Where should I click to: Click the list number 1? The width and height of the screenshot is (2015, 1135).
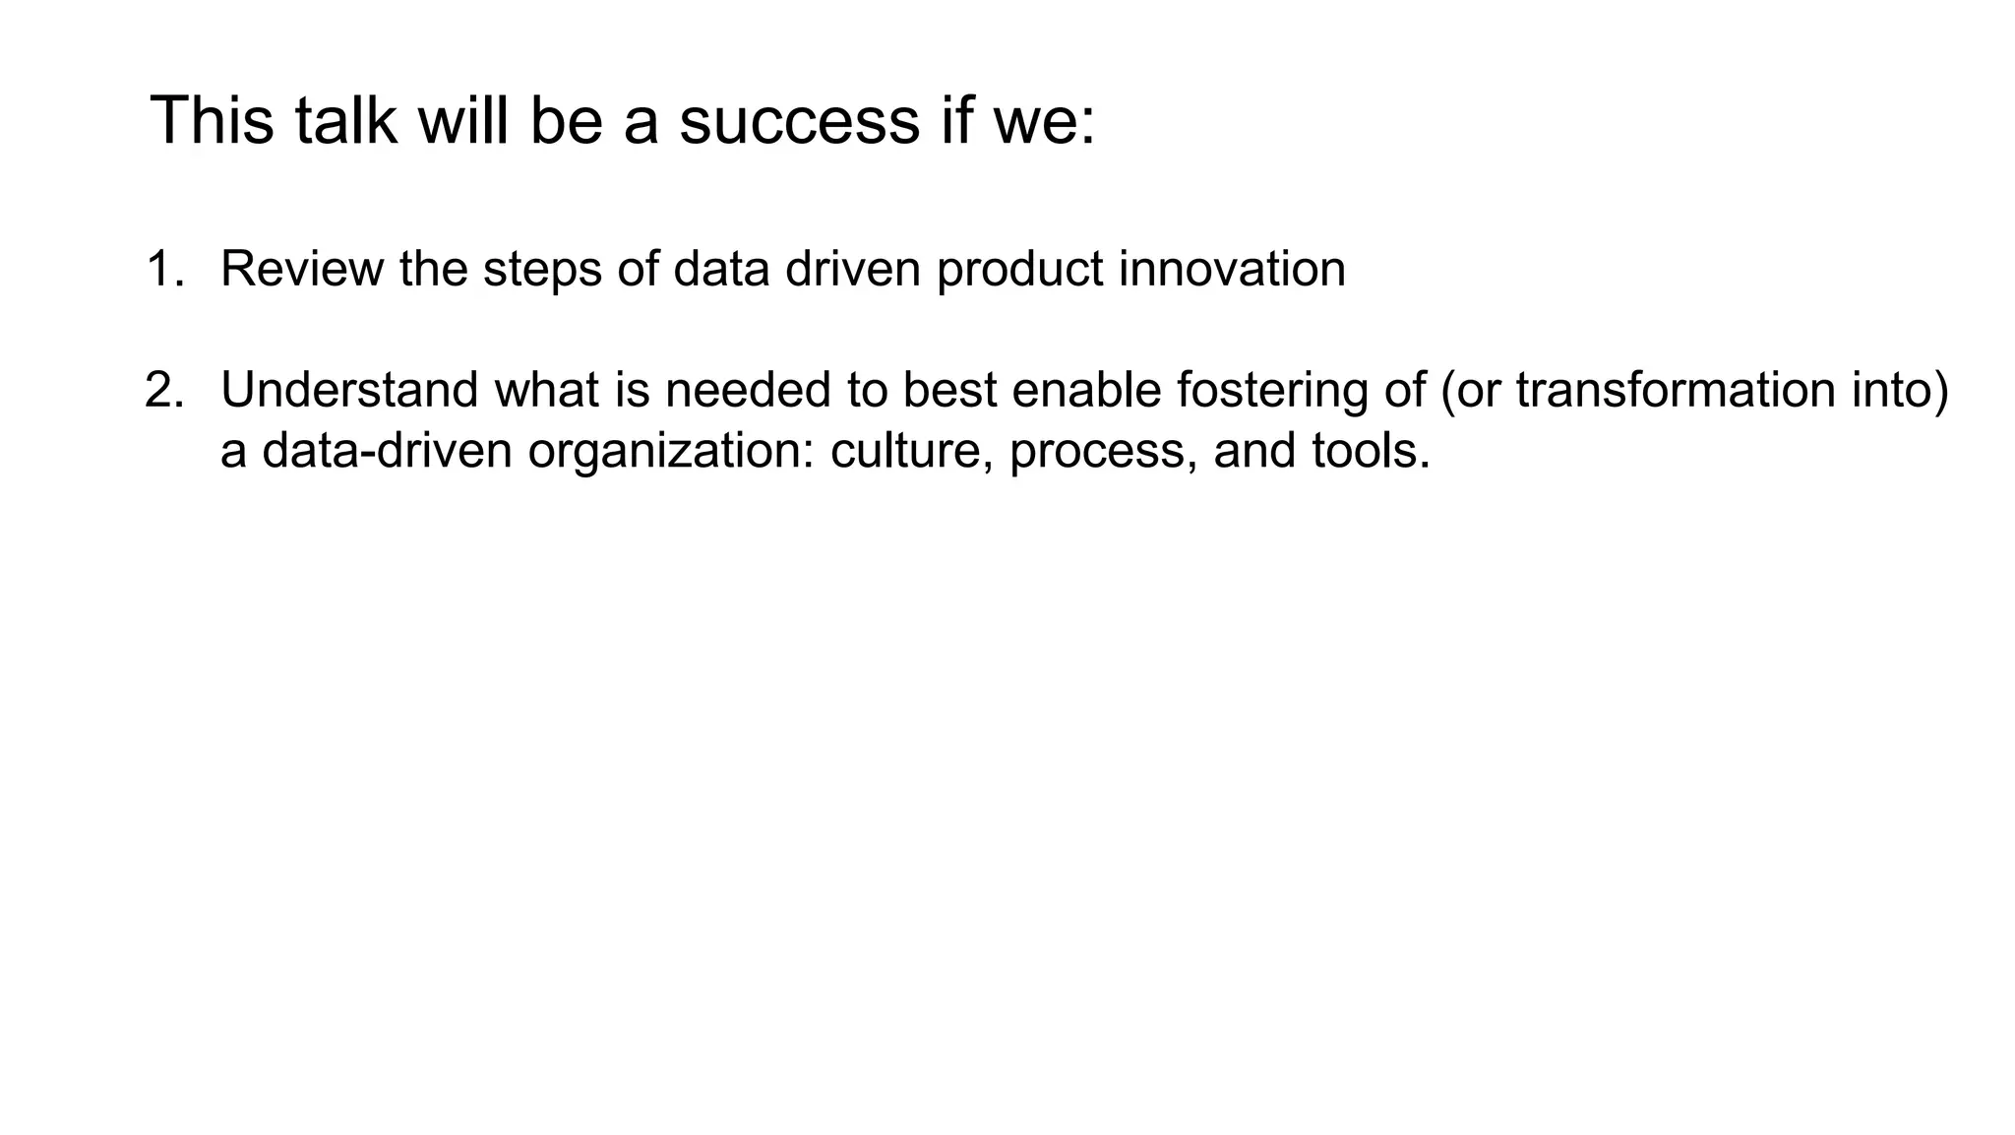(x=162, y=269)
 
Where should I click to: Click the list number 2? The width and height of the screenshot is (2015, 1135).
(x=163, y=390)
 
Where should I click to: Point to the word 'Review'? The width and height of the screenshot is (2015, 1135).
(x=302, y=269)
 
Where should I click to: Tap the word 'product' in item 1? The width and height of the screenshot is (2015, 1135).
(x=1019, y=269)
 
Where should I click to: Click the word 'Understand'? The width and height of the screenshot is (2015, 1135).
(x=349, y=390)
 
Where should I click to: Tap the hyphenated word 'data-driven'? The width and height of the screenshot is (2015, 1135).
(x=387, y=451)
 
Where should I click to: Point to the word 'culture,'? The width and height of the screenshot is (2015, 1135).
(x=911, y=451)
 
